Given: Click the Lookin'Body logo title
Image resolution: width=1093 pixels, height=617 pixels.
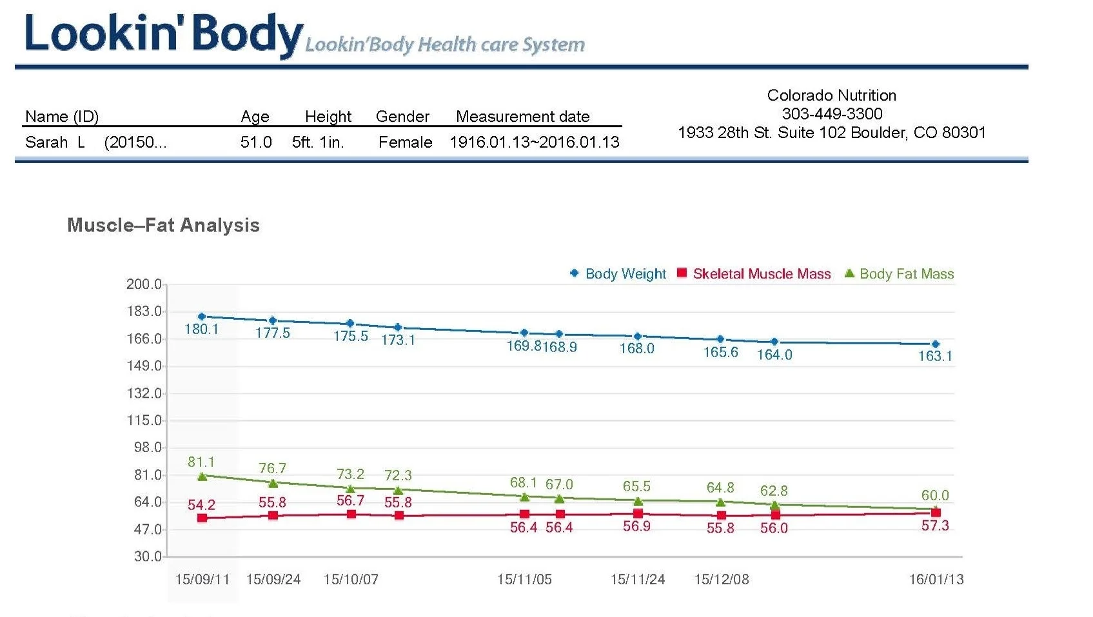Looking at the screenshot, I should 163,35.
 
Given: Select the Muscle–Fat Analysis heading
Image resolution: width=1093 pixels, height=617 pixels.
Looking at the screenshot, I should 163,225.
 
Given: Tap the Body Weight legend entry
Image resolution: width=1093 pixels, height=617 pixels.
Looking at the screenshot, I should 625,274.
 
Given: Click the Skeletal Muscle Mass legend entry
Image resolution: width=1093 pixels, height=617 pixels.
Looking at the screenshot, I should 761,274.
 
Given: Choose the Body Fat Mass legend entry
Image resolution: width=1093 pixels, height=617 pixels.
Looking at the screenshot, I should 906,274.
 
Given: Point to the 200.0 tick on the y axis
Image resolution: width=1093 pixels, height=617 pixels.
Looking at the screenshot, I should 144,284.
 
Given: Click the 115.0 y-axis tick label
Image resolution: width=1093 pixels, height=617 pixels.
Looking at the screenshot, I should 144,420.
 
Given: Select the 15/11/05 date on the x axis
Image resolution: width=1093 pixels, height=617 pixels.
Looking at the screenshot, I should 524,580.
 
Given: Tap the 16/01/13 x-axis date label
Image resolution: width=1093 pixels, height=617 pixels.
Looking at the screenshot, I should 936,580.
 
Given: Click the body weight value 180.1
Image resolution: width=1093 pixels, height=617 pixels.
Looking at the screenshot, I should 201,329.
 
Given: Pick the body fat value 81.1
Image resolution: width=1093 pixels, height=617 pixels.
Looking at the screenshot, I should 201,462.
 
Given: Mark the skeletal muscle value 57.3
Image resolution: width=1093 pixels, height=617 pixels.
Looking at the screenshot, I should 935,526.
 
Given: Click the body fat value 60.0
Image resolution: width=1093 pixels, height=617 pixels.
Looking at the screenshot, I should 935,496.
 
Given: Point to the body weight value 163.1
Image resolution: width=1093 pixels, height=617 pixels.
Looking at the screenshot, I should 935,356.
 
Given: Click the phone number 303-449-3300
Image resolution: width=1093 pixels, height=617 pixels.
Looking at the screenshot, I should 832,114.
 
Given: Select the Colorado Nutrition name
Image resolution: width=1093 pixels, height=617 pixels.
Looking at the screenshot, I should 832,95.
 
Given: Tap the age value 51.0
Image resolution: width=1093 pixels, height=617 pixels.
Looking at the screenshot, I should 256,142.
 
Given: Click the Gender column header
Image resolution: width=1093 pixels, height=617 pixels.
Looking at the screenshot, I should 402,117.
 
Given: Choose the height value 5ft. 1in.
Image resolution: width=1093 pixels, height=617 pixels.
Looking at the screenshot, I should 318,142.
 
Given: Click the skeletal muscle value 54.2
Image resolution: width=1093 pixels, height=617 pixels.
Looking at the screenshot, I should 201,505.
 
